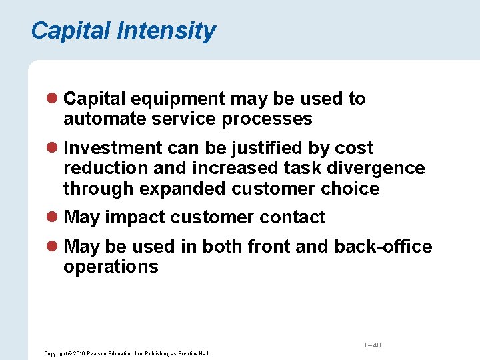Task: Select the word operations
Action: click(111, 267)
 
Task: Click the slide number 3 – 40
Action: click(371, 345)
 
